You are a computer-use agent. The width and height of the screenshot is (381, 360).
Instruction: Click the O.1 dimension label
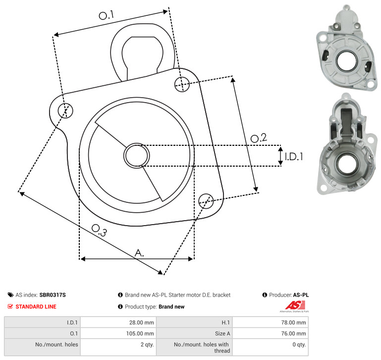point(107,15)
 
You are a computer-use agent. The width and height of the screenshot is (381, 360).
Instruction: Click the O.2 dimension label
point(259,138)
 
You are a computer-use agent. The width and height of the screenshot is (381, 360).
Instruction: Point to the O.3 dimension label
point(99,231)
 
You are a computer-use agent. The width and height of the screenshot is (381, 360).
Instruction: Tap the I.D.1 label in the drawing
point(294,157)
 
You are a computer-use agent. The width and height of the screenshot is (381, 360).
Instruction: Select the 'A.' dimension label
point(139,253)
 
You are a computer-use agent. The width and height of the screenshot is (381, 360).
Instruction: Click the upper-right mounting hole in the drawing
point(182,84)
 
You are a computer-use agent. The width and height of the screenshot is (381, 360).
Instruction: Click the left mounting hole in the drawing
point(65,111)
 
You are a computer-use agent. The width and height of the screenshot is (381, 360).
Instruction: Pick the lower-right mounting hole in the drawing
point(206,201)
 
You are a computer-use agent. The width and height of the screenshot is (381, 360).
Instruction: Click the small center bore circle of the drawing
point(137,156)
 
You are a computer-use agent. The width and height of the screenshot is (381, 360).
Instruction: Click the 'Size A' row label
point(222,334)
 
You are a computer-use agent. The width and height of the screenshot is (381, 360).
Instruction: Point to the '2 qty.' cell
point(147,345)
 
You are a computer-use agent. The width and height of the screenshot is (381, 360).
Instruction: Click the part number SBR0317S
point(53,295)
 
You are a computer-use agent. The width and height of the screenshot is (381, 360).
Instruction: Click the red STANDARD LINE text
point(36,307)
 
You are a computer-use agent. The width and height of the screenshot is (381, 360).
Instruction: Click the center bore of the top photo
point(346,61)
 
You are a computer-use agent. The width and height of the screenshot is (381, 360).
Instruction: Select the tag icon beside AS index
point(10,295)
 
